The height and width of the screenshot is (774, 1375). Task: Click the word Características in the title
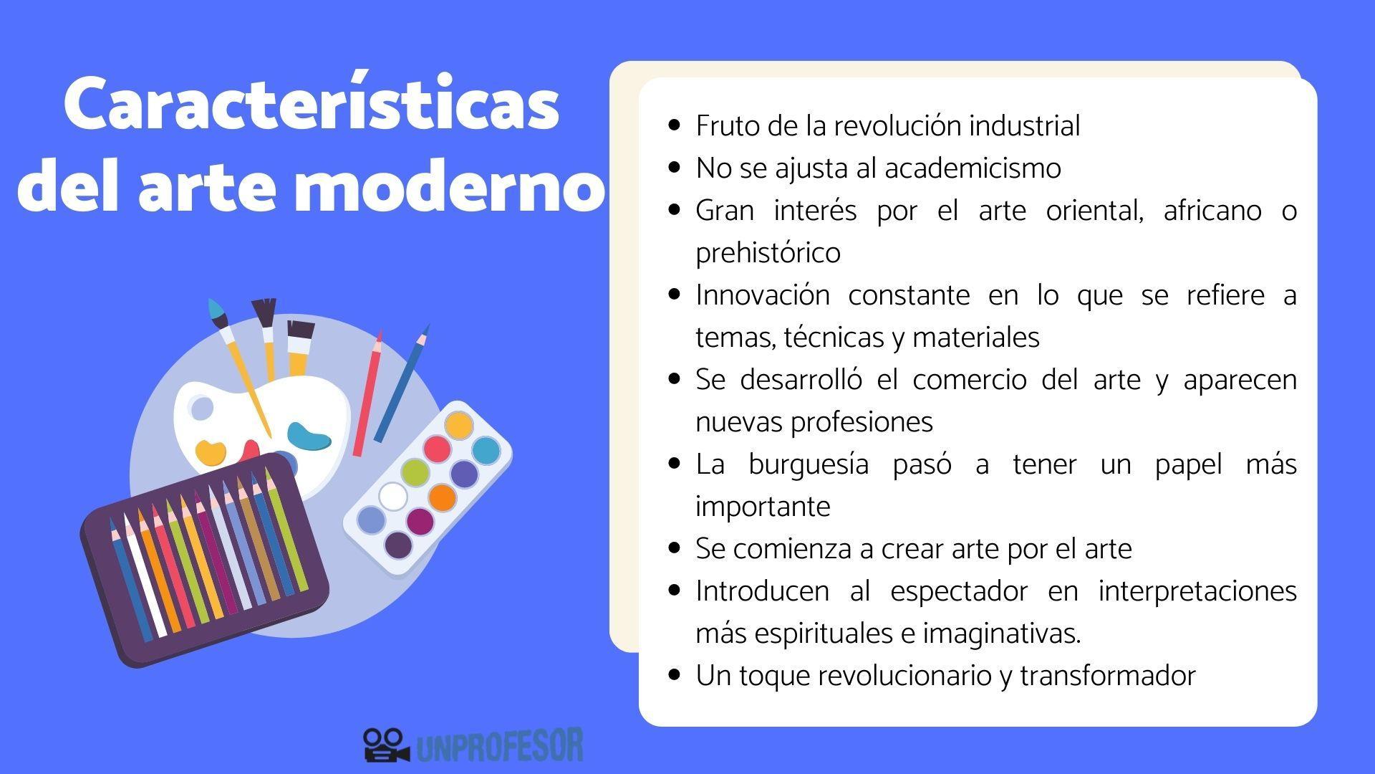coord(311,105)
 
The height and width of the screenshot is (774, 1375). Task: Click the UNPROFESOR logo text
coord(499,746)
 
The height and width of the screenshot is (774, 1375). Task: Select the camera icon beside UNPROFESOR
coord(385,745)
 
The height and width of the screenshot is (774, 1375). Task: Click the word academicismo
coord(973,168)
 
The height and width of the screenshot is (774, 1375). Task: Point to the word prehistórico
coord(768,253)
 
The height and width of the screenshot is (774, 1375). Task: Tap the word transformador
coord(1107,676)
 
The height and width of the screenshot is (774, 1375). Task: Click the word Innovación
coord(762,295)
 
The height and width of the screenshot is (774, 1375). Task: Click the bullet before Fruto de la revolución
coord(673,125)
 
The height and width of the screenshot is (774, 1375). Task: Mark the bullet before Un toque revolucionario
coord(673,675)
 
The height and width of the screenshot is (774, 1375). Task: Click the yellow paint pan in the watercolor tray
coord(458,425)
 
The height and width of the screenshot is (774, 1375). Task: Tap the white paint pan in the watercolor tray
coord(392,496)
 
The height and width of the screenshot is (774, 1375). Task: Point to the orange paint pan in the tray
coord(442,497)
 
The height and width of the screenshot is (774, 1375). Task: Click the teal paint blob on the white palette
coord(308,435)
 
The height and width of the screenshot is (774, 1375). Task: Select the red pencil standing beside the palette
coord(367,394)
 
